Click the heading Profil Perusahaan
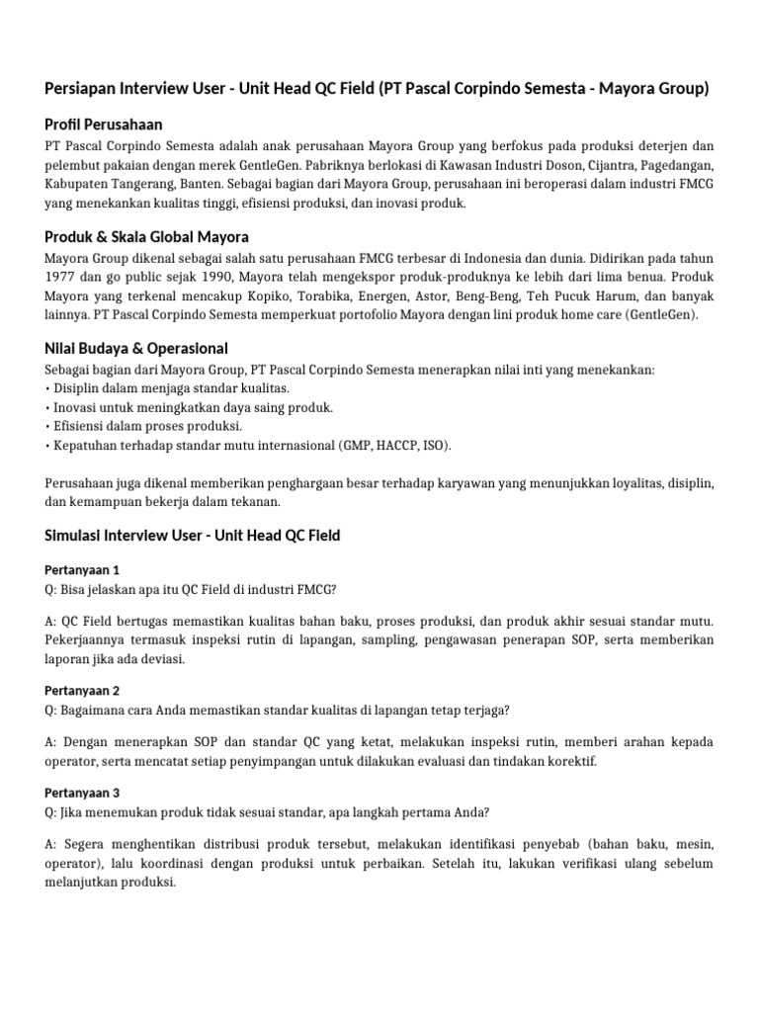[104, 125]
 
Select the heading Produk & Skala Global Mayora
[147, 236]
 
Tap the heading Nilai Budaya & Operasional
[136, 348]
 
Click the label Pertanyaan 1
[82, 570]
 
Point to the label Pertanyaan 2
[82, 690]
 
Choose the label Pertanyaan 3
[82, 793]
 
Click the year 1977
[62, 277]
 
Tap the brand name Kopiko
[274, 296]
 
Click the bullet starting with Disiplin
[168, 388]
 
